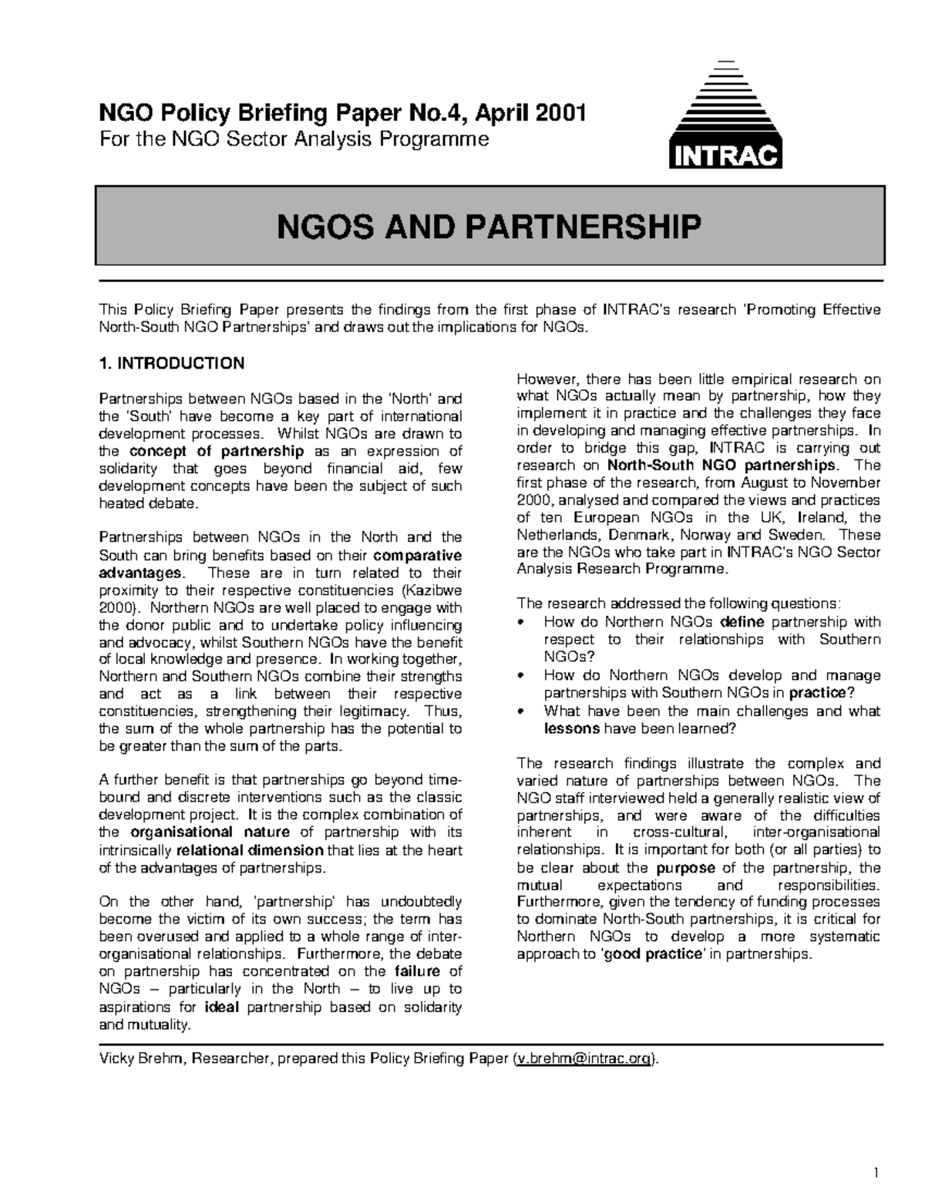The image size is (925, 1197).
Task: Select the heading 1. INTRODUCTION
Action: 172,363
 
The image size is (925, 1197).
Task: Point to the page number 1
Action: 876,1174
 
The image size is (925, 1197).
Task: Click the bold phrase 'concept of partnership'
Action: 217,452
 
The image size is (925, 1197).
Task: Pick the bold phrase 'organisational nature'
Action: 210,832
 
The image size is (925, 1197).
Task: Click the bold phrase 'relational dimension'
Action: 250,850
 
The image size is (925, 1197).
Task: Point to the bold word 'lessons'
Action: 571,728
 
